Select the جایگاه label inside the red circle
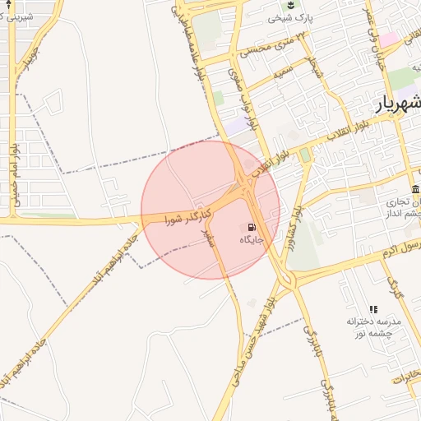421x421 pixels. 251,239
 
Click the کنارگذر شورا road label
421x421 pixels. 188,216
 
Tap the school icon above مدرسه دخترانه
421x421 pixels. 373,308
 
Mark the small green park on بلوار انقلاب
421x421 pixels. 305,155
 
